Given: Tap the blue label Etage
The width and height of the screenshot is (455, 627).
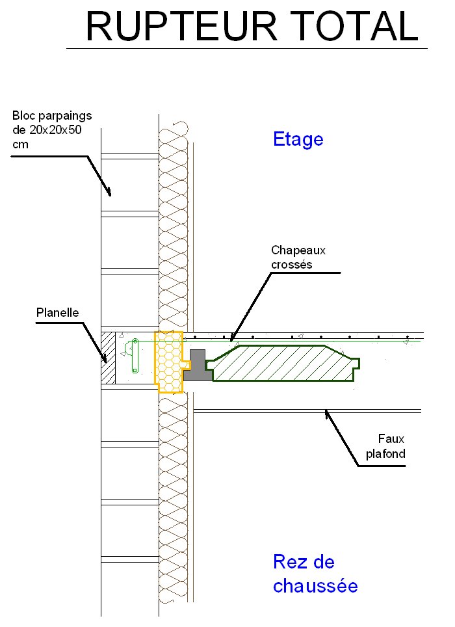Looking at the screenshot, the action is (298, 140).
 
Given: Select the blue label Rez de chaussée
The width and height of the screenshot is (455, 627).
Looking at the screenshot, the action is (315, 574).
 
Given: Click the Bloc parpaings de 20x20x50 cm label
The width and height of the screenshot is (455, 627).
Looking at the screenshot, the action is (52, 129).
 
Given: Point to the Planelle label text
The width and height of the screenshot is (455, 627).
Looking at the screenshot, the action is (57, 312).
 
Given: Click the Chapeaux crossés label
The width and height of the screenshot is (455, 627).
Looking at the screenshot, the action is (298, 257).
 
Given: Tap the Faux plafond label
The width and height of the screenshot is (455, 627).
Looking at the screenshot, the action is (385, 446).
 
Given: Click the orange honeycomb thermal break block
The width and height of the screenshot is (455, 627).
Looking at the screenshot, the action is (170, 362).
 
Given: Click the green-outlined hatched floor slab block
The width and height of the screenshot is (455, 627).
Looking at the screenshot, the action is (282, 363).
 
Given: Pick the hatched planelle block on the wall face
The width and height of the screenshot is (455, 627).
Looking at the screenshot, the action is (108, 358).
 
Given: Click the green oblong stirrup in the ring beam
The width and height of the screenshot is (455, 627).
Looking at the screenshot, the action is (135, 356).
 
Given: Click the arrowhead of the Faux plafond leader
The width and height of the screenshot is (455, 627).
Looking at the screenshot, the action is (328, 414).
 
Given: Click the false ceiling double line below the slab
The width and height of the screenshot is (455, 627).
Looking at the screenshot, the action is (307, 411).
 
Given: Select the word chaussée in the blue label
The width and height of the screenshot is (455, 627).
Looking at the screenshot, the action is (315, 586).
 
